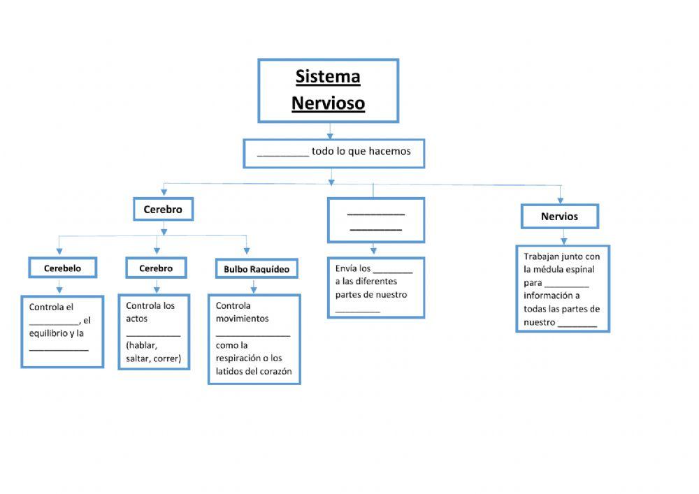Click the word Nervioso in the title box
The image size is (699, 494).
coord(328,103)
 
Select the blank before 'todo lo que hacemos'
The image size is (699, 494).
coord(282,152)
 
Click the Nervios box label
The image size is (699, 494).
coord(559,217)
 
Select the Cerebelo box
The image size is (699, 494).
coord(63,268)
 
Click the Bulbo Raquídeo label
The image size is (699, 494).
coord(257,269)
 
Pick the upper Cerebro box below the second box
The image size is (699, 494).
coord(163,209)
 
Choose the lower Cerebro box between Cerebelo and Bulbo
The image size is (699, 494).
coord(156,268)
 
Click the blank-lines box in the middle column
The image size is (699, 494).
coord(375,220)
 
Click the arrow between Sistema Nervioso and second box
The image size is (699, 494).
coord(330,131)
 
